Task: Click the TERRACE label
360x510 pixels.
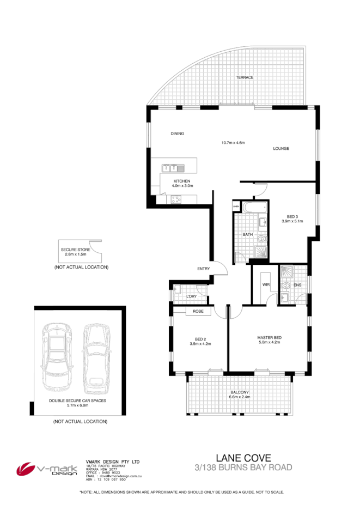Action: coord(245,77)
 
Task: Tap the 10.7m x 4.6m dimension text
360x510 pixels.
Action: coord(233,143)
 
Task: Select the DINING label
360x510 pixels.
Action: coord(177,133)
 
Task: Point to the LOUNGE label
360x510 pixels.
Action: coord(281,148)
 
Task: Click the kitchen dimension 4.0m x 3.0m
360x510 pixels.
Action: coord(182,186)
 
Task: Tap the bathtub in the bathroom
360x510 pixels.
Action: coord(254,208)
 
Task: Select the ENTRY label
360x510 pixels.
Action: coord(204,269)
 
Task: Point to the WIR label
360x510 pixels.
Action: coord(266,284)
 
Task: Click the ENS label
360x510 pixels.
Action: coord(297,284)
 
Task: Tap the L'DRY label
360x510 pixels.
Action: coord(191,296)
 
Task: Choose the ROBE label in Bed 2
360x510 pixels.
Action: coord(198,312)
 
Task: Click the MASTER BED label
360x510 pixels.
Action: coord(269,338)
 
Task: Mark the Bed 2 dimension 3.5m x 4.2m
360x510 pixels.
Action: coord(200,344)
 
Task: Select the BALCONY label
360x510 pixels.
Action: coord(240,392)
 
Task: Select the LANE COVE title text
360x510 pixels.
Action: coord(243,458)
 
